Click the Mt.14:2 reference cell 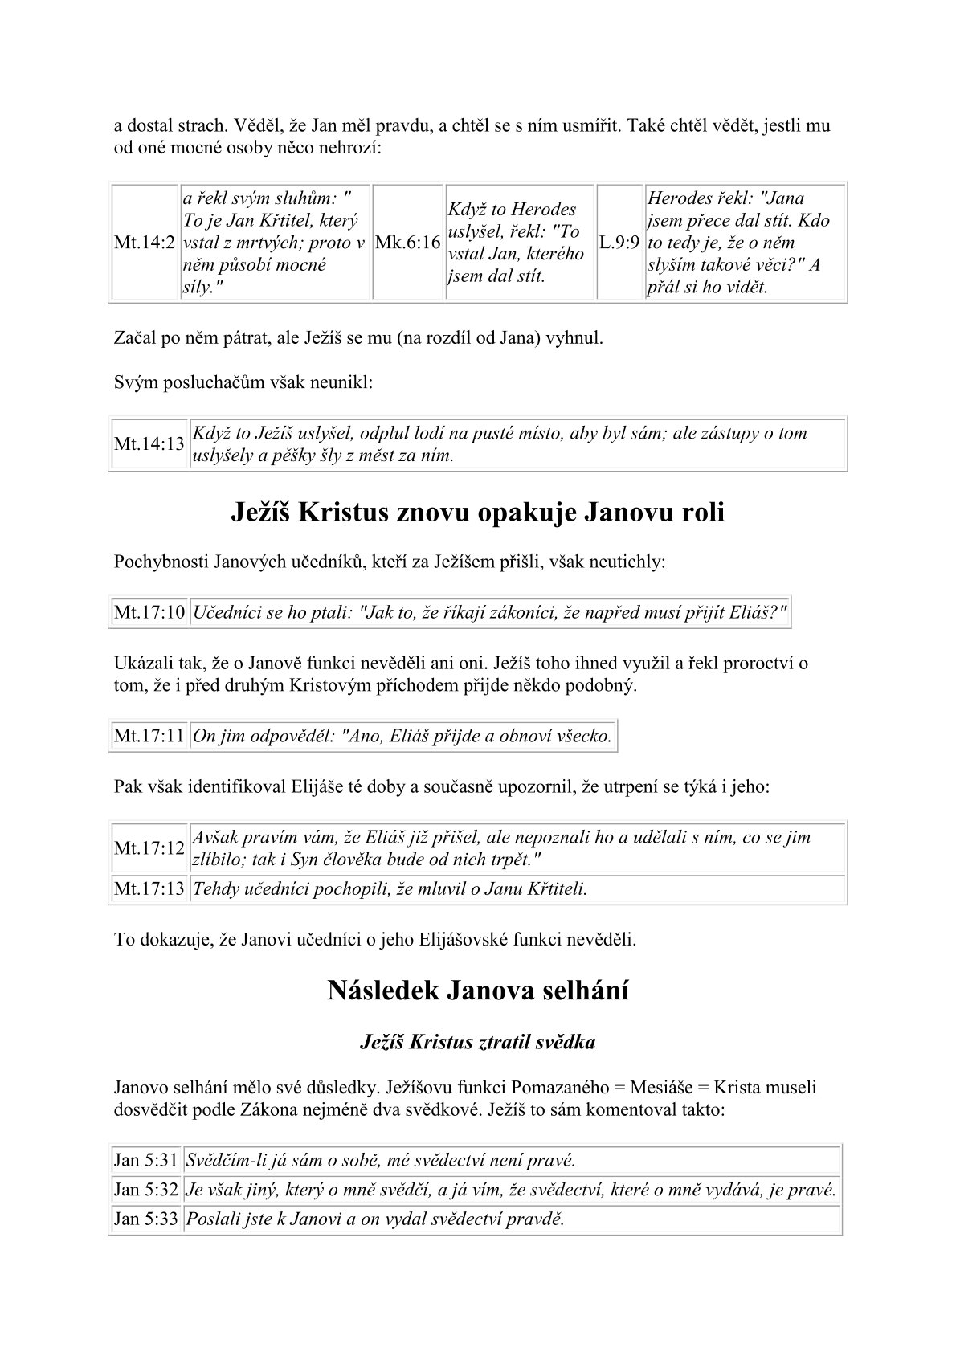145,243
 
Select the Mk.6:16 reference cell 408,243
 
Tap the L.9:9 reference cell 619,243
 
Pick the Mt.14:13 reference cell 149,444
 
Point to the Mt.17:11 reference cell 149,736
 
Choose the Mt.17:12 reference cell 149,848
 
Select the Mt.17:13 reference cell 149,889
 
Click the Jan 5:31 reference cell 145,1160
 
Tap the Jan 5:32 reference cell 145,1190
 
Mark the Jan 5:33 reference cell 145,1219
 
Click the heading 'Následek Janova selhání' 478,991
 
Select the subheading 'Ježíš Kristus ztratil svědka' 478,1043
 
